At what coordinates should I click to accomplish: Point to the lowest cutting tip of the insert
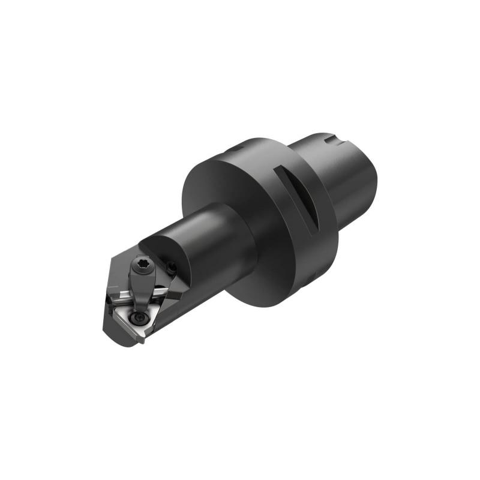(x=142, y=342)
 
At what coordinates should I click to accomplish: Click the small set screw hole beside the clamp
(x=172, y=265)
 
